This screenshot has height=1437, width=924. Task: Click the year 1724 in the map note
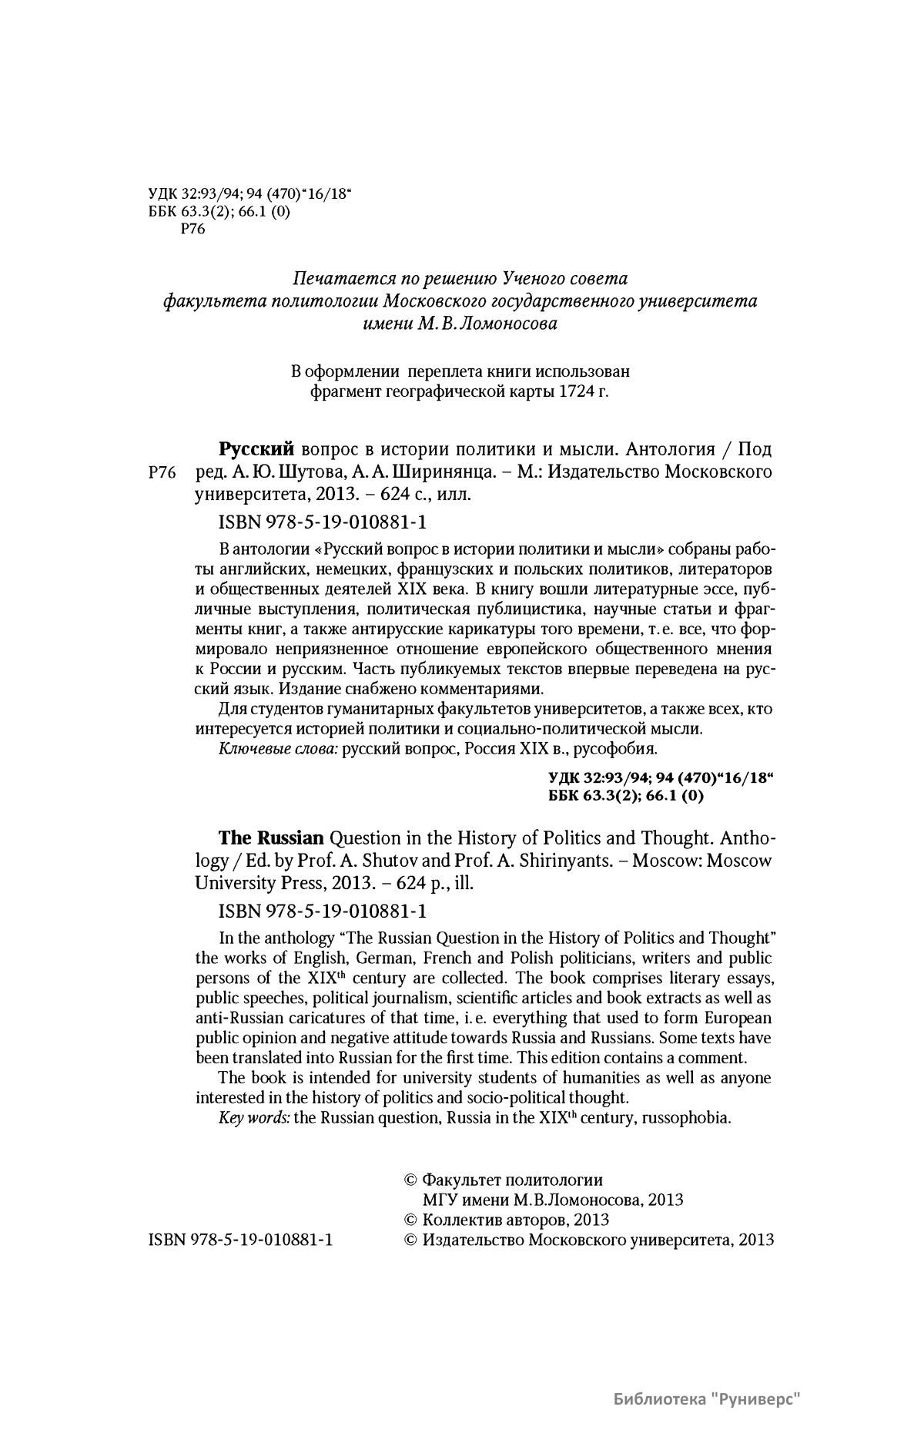click(x=580, y=392)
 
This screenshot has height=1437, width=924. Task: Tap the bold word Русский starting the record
click(x=257, y=448)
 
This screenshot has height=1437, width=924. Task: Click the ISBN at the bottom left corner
click(x=239, y=1240)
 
